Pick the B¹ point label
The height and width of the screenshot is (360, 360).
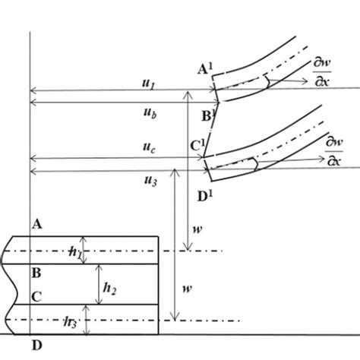pyautogui.click(x=207, y=116)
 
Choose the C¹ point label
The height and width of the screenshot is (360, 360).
pyautogui.click(x=196, y=144)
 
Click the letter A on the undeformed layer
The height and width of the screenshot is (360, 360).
pyautogui.click(x=36, y=223)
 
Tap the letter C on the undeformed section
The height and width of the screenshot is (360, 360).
pyautogui.click(x=36, y=297)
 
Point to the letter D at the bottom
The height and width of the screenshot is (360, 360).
pyautogui.click(x=36, y=346)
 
